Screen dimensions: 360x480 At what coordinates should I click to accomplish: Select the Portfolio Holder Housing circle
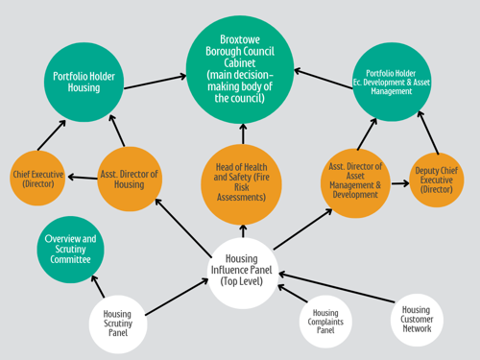(x=84, y=79)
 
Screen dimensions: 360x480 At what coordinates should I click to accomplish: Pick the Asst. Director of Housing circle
(x=130, y=179)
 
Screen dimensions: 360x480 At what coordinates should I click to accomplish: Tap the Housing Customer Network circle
(x=416, y=318)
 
